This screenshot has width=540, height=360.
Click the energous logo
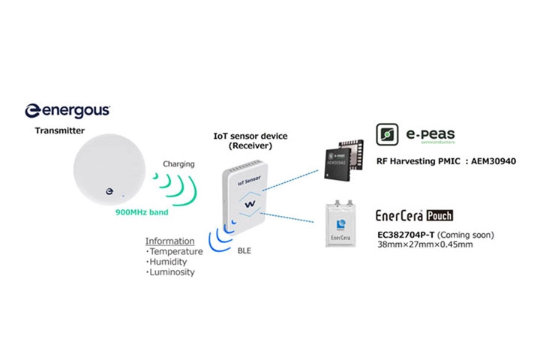[67, 110]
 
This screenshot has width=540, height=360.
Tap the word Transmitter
[60, 130]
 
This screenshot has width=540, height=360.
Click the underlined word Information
[169, 241]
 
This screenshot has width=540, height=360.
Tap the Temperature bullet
[175, 252]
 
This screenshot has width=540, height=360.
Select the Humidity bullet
[169, 262]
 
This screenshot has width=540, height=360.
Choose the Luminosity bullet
[172, 272]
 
